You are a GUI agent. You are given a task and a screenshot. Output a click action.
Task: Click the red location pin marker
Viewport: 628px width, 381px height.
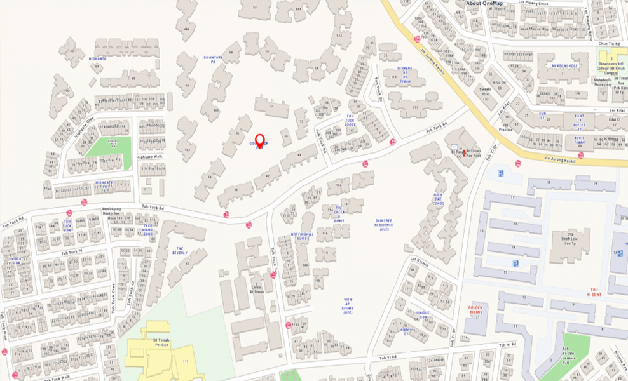pyautogui.click(x=259, y=140)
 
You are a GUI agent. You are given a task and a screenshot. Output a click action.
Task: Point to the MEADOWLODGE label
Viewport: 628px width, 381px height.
pyautogui.click(x=564, y=65)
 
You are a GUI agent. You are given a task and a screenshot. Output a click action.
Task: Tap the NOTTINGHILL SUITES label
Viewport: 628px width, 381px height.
pyautogui.click(x=299, y=237)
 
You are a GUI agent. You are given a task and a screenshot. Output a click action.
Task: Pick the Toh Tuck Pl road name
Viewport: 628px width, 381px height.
pyautogui.click(x=72, y=253)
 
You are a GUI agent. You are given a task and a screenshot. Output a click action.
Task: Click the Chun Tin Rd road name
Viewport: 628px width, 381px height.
pyautogui.click(x=608, y=43)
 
